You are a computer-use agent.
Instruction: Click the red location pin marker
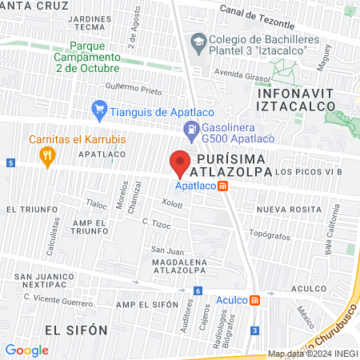[x=180, y=162]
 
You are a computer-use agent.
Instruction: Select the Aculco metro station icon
[x=254, y=301]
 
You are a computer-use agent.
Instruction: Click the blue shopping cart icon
[x=99, y=107]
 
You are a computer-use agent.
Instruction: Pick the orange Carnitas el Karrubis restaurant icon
[x=48, y=154]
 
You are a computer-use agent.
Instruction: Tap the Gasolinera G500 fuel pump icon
[x=191, y=127]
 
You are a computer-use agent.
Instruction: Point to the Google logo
[x=27, y=350]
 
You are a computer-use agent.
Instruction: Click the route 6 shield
[x=198, y=290]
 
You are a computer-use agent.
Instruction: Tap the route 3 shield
[x=254, y=330]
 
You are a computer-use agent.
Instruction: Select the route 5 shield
[x=10, y=162]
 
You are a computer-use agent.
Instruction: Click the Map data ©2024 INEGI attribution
[x=312, y=354]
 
